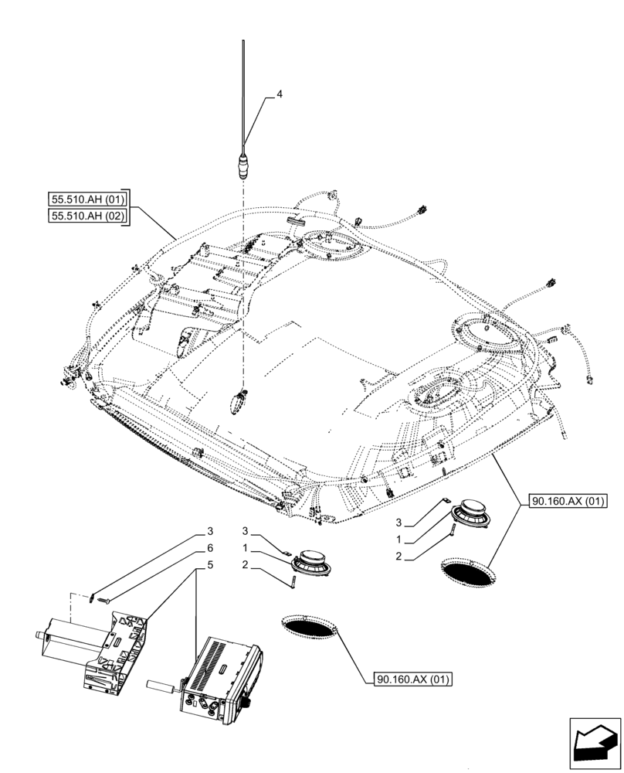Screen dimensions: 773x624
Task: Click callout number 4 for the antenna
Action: click(280, 94)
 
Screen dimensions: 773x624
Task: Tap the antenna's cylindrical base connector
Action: click(245, 165)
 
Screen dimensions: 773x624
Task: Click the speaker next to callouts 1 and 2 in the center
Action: click(310, 561)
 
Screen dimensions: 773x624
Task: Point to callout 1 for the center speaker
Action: click(246, 547)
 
